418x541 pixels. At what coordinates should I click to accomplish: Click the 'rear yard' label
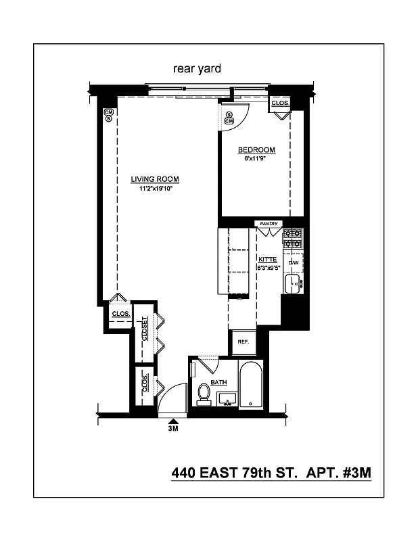point(198,68)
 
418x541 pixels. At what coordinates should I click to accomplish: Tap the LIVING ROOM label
point(155,179)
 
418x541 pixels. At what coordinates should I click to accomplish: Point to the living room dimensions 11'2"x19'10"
point(155,189)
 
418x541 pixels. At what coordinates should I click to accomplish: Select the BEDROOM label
point(256,149)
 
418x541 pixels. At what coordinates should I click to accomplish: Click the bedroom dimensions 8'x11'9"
point(256,158)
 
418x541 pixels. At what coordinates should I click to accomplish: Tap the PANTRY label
point(269,223)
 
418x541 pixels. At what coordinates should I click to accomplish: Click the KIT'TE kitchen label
point(269,259)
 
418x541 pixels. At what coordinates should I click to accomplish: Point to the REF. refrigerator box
point(243,342)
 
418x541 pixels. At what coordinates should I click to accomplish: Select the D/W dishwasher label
point(294,262)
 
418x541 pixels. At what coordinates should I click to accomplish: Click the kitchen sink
point(294,283)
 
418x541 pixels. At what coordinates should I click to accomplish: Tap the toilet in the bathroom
point(204,394)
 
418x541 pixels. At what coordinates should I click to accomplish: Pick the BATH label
point(218,382)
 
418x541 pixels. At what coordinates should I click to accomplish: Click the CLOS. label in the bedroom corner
point(280,103)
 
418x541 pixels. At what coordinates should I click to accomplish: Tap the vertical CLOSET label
point(144,332)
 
